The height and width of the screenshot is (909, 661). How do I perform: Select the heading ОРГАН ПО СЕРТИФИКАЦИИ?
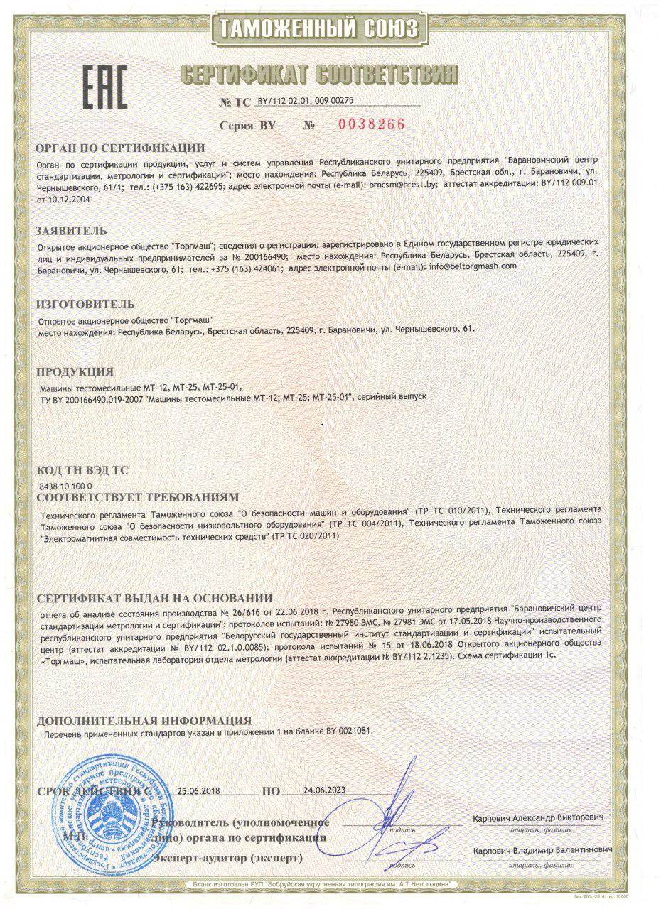[x=120, y=148]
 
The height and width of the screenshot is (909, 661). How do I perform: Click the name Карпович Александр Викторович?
[x=539, y=819]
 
